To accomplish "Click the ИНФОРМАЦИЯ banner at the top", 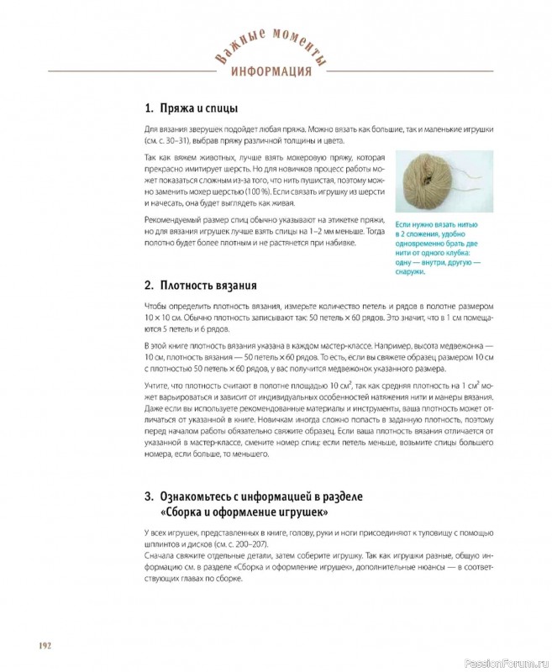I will [x=271, y=71].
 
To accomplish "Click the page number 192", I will [x=45, y=644].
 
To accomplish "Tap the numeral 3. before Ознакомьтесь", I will [x=149, y=496].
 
